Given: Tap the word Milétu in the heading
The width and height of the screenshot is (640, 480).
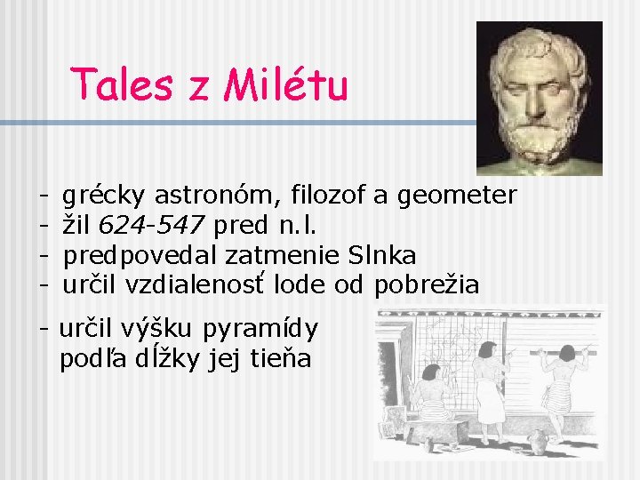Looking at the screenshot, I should [286, 86].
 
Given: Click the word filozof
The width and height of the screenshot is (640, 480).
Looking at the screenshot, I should [339, 195].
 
